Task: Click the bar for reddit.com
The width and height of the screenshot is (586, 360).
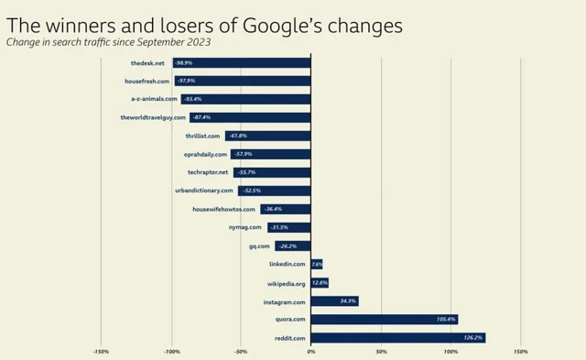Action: (397, 338)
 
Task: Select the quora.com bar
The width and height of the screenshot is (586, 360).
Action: (384, 320)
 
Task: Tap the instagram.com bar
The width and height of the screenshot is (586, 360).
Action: (334, 301)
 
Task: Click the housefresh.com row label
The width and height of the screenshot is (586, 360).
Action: (146, 81)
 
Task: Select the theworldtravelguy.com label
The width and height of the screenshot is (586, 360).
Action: (153, 117)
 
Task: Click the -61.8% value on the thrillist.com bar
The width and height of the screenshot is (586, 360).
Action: (237, 136)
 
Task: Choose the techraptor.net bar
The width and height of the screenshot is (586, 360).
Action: (272, 172)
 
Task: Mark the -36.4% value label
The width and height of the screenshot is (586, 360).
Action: (273, 210)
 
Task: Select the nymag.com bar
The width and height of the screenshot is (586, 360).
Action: (289, 227)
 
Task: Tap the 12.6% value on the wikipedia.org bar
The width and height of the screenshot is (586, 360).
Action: (320, 283)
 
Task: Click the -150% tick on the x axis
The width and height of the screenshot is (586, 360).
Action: (101, 351)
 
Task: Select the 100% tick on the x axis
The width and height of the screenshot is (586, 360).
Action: (450, 351)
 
